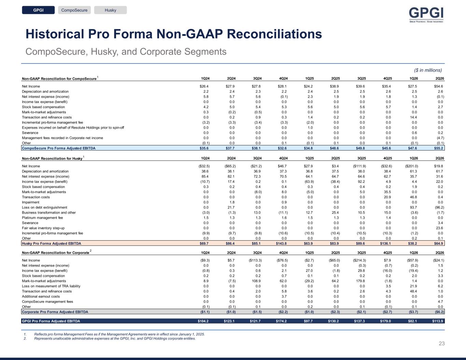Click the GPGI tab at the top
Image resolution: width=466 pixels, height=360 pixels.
pyautogui.click(x=38, y=10)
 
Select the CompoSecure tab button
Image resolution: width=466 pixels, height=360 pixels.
pyautogui.click(x=74, y=10)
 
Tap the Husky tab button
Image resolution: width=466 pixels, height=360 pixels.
pyautogui.click(x=111, y=10)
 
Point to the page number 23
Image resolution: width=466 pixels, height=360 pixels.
pyautogui.click(x=441, y=344)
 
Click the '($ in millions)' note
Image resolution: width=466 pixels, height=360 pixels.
pyautogui.click(x=428, y=70)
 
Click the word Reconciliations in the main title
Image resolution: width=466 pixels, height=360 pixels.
pyautogui.click(x=274, y=34)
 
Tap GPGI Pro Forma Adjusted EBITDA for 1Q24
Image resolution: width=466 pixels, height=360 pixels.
pyautogui.click(x=203, y=321)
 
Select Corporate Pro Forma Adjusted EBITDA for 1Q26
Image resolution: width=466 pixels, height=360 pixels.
pyautogui.click(x=413, y=312)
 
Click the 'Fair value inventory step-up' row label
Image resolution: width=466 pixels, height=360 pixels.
pyautogui.click(x=43, y=228)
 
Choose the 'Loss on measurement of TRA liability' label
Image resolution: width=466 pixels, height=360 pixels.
pyautogui.click(x=51, y=286)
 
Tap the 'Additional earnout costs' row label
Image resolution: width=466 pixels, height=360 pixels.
pyautogui.click(x=41, y=296)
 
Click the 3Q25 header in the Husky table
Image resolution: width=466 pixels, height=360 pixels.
pyautogui.click(x=362, y=158)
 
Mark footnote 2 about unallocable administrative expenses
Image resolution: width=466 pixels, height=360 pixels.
pyautogui.click(x=115, y=339)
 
